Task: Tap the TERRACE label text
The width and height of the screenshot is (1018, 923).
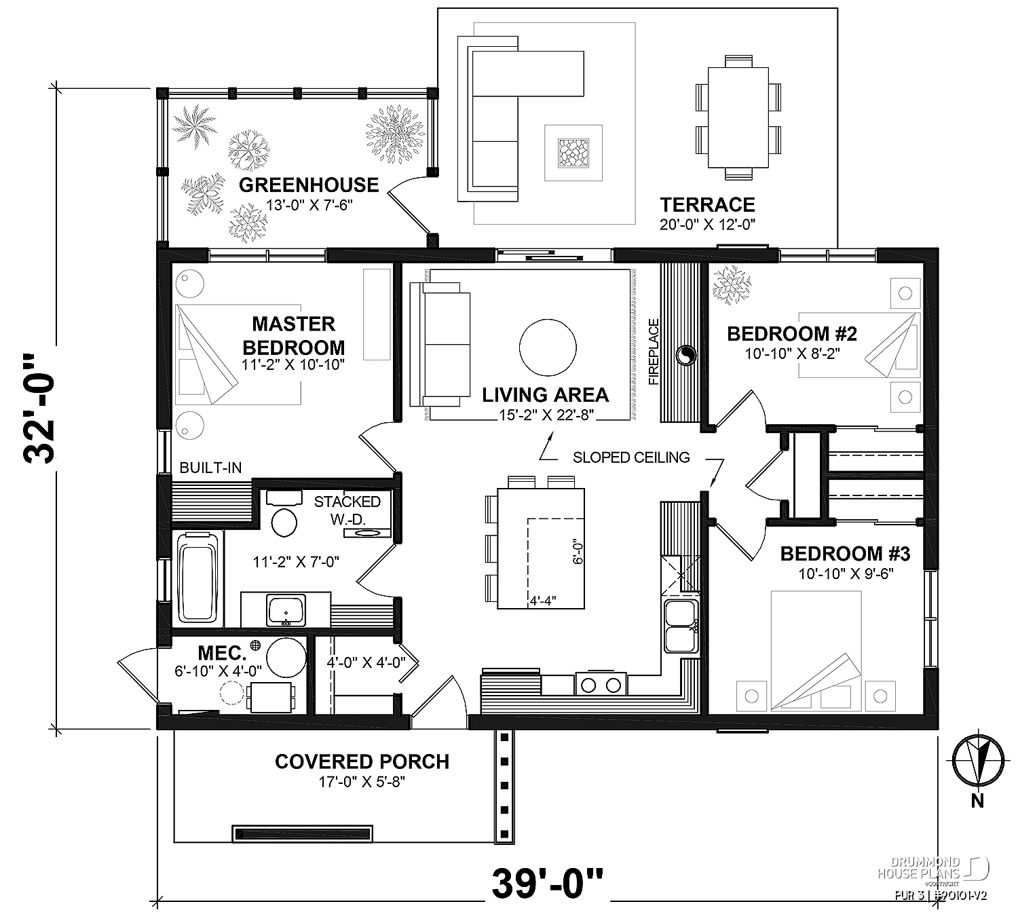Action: [x=708, y=205]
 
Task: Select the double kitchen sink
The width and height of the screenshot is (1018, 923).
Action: [x=681, y=626]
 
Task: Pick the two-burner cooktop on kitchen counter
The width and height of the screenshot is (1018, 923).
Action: [x=600, y=683]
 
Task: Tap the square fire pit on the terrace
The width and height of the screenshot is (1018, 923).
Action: [x=573, y=153]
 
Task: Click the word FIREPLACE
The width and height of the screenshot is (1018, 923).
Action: [x=654, y=352]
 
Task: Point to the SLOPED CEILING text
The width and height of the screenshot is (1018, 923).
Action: [x=631, y=457]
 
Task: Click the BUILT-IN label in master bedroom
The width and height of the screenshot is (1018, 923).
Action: [x=210, y=468]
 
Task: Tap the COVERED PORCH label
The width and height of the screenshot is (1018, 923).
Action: [x=362, y=762]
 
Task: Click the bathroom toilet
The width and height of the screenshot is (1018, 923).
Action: [x=284, y=516]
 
